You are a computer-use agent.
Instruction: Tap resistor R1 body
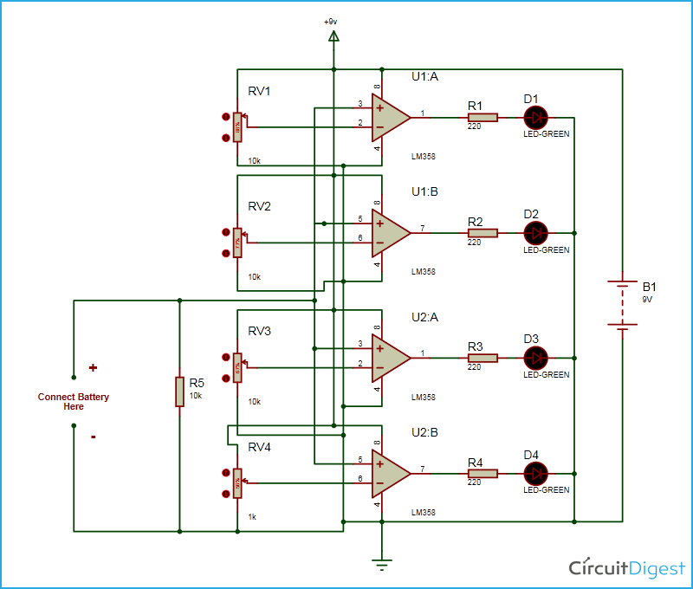tap(483, 117)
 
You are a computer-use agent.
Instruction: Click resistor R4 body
tap(483, 473)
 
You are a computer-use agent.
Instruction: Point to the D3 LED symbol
tap(536, 357)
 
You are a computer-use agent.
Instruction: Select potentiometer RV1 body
tap(237, 128)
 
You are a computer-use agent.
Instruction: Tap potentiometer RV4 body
tap(237, 483)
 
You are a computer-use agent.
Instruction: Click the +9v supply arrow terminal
tap(334, 36)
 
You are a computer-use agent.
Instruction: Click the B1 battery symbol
tap(622, 303)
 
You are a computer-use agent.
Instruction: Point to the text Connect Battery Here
tap(74, 402)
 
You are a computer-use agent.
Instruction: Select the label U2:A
tap(425, 318)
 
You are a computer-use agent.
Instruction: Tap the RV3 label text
tap(260, 332)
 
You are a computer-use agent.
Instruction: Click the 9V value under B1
tap(647, 299)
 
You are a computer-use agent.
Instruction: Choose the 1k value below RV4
tap(253, 516)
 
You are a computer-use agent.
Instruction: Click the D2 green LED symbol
tap(536, 232)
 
